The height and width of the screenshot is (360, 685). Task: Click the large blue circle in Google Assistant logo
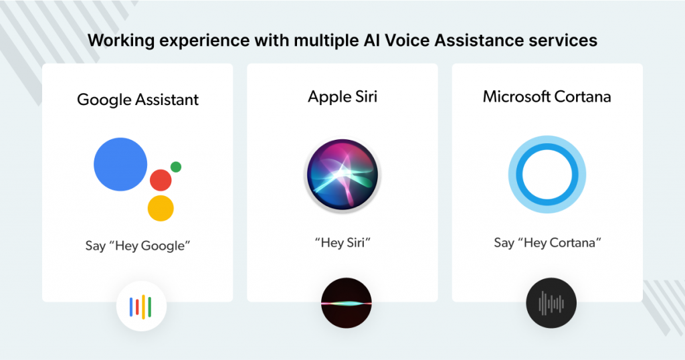tap(120, 164)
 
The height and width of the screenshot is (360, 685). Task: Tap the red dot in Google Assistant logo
tap(161, 180)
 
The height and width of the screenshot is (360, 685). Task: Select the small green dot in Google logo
tap(176, 167)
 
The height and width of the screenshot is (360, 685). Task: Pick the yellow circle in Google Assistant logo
tap(161, 208)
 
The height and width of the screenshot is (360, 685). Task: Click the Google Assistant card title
tap(138, 100)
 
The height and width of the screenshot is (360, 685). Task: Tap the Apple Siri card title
tap(342, 97)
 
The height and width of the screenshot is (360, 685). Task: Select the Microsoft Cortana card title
tap(547, 96)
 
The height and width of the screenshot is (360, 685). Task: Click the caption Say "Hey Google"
tap(138, 246)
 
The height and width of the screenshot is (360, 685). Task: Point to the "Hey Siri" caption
tap(342, 242)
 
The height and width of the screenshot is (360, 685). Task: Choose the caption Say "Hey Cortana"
tap(547, 242)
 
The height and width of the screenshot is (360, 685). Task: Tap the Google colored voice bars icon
tap(141, 306)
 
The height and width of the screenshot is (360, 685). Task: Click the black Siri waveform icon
tap(347, 302)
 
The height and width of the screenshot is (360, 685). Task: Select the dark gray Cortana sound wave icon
tap(551, 302)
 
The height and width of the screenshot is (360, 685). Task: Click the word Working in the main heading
tap(122, 41)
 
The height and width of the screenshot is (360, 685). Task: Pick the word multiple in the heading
tap(326, 41)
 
